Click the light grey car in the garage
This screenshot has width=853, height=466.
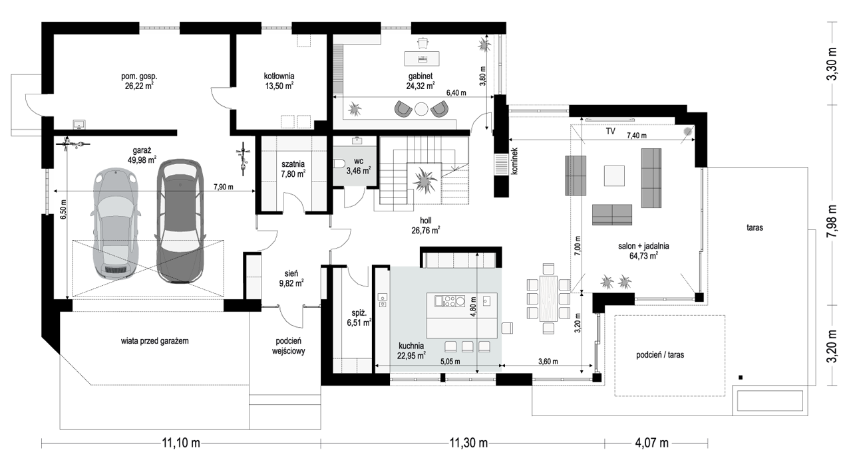pyautogui.click(x=115, y=223)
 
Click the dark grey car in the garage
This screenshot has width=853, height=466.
pyautogui.click(x=180, y=221)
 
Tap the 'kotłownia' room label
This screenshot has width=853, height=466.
pyautogui.click(x=279, y=76)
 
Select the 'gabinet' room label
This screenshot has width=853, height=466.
pyautogui.click(x=421, y=76)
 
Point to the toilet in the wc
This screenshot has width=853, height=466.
pyautogui.click(x=339, y=164)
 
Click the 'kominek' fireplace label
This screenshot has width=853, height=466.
pyautogui.click(x=514, y=161)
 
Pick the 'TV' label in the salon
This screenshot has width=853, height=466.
pyautogui.click(x=610, y=131)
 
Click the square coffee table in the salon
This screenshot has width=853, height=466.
pyautogui.click(x=614, y=175)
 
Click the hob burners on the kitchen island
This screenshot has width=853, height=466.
pyautogui.click(x=450, y=301)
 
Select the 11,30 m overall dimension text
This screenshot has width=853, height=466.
pyautogui.click(x=468, y=443)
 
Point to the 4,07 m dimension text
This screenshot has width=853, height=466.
pyautogui.click(x=651, y=443)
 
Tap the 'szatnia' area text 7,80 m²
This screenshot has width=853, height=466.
pyautogui.click(x=293, y=174)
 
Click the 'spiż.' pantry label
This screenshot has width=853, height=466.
pyautogui.click(x=359, y=314)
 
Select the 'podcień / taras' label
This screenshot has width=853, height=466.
pyautogui.click(x=660, y=355)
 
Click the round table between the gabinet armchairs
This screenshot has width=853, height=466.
pyautogui.click(x=421, y=109)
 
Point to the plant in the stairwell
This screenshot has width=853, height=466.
pyautogui.click(x=425, y=180)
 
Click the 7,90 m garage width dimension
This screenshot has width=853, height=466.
pyautogui.click(x=223, y=187)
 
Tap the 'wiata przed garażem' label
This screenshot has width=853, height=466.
pyautogui.click(x=154, y=341)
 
